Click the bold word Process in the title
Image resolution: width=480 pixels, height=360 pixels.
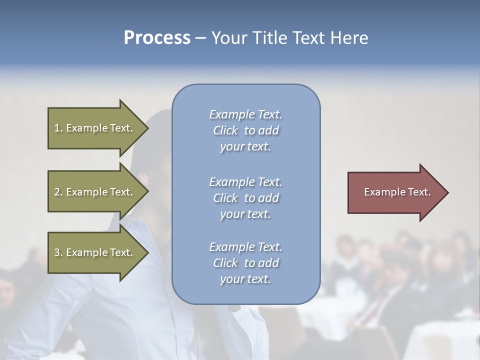157,38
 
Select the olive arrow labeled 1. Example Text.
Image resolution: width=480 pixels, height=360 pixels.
95,128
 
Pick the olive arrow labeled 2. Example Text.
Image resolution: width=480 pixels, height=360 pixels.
95,192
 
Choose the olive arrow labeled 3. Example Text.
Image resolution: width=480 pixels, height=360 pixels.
95,252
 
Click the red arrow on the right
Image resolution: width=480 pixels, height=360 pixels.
395,192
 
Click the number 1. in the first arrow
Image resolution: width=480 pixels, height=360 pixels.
58,128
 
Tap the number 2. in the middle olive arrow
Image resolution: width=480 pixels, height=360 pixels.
58,192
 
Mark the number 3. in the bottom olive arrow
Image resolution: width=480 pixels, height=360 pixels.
58,252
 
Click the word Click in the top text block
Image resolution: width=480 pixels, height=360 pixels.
225,130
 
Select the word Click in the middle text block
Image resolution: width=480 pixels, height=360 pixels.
225,198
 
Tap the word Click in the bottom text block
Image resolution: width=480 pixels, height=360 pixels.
225,263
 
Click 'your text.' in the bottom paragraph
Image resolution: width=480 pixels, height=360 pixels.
245,279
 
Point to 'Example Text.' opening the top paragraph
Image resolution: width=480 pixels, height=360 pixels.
245,114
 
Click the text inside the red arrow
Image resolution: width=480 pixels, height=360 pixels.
397,192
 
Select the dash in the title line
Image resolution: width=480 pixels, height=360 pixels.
200,38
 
